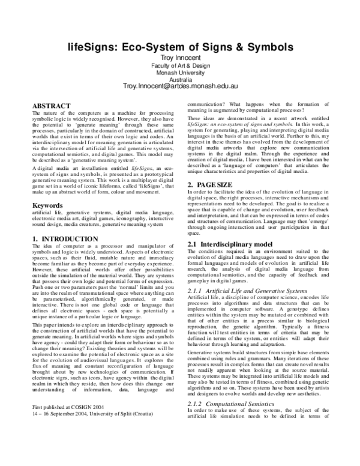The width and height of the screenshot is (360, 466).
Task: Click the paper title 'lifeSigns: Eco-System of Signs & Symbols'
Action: coord(180,46)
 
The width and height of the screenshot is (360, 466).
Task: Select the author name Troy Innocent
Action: coord(180,57)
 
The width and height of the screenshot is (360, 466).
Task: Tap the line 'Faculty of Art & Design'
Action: coord(180,65)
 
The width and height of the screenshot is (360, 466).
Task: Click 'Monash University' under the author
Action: coord(180,72)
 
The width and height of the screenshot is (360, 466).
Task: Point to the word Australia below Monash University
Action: coord(180,79)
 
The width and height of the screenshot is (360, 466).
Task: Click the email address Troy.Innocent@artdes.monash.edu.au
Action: coord(180,88)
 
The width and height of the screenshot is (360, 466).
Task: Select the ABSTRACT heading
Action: coord(51,106)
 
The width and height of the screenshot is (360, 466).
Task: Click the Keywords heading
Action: coord(50,205)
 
